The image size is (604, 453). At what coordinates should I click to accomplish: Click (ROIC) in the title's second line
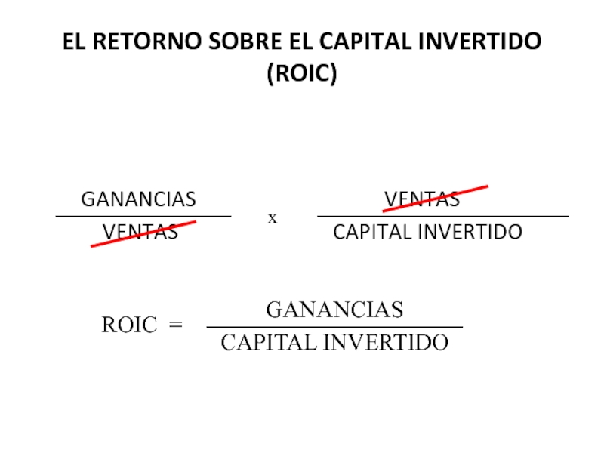click(x=301, y=75)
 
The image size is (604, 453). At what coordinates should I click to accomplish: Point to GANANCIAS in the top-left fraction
click(x=138, y=199)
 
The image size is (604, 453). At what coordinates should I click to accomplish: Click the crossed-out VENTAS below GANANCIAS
click(x=140, y=232)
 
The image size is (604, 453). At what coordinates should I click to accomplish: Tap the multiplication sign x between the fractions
click(x=273, y=218)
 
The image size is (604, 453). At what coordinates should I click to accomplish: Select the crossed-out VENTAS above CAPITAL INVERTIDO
click(x=422, y=199)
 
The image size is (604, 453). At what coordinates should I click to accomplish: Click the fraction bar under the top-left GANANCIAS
click(x=143, y=217)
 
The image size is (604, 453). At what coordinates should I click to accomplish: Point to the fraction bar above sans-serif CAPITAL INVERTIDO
click(x=442, y=217)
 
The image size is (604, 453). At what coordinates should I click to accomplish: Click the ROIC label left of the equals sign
click(x=129, y=325)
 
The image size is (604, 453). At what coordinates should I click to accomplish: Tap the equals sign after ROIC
click(x=176, y=325)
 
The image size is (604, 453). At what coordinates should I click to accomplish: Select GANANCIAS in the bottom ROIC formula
click(x=334, y=310)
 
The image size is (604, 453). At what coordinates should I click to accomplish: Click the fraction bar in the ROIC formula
click(x=334, y=327)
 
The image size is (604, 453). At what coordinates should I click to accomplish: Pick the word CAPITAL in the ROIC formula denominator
click(x=269, y=344)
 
